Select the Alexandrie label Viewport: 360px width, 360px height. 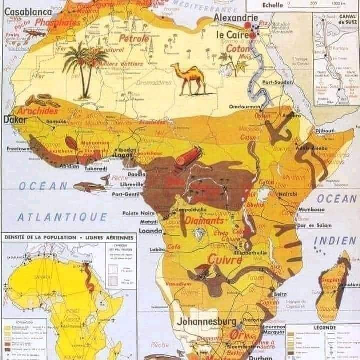(232, 18)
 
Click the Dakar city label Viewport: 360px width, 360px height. (15, 120)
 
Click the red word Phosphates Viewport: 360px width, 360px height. (57, 23)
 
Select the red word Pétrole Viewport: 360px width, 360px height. (134, 38)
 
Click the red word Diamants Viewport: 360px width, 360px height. (204, 220)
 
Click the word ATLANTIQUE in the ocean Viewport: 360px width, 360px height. (62, 217)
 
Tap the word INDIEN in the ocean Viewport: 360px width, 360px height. (335, 241)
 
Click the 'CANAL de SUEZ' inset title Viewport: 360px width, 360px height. (346, 19)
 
